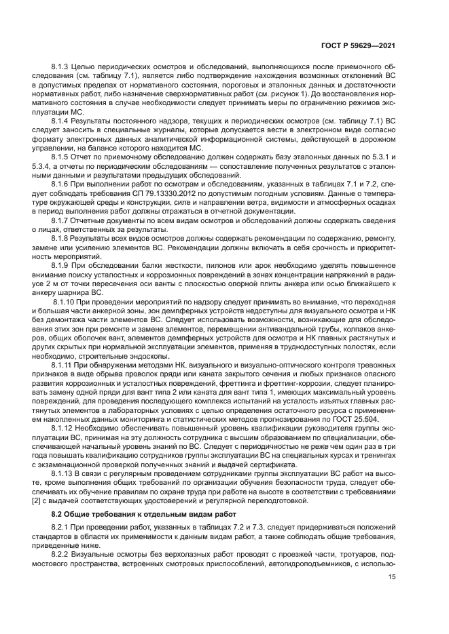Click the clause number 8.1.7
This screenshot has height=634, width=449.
[61, 221]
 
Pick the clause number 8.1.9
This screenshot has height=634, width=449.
[61, 264]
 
